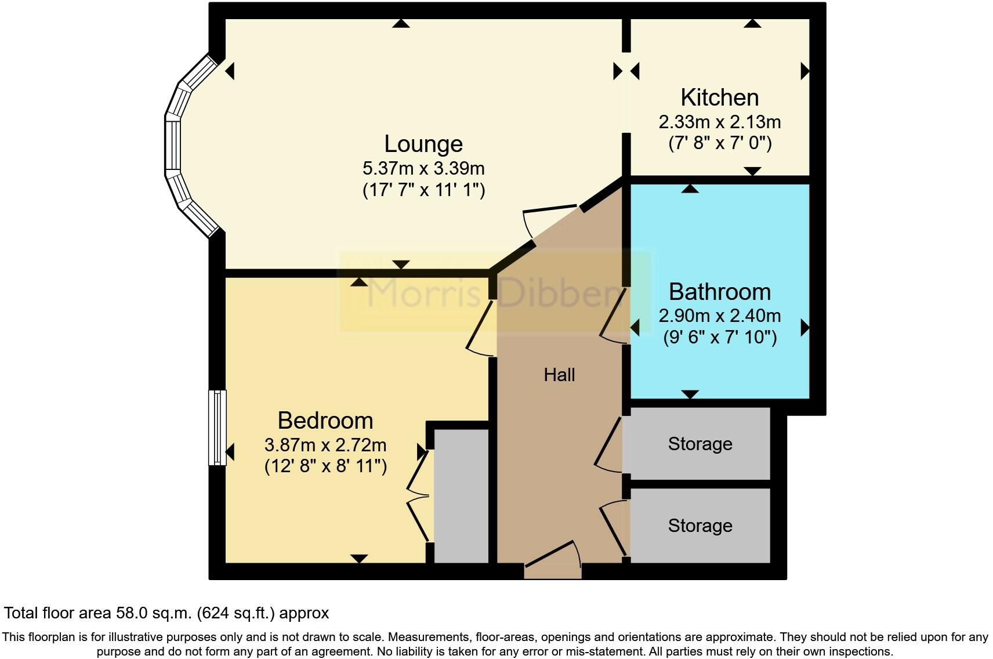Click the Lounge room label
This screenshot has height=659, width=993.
pos(423,144)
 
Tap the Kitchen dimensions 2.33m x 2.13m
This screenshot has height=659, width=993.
pos(719,122)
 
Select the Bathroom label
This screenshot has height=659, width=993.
pos(719,292)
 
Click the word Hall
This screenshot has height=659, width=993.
pos(559,375)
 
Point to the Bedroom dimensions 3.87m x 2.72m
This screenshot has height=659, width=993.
pos(325,446)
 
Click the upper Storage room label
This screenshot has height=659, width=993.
pos(700,444)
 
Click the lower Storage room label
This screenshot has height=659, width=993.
pos(700,526)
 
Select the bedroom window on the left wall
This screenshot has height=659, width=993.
pos(218,427)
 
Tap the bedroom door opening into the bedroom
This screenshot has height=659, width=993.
pos(480,328)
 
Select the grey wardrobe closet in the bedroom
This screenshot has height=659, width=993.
pos(461,496)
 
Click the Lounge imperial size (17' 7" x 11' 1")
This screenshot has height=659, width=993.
pos(423,190)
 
